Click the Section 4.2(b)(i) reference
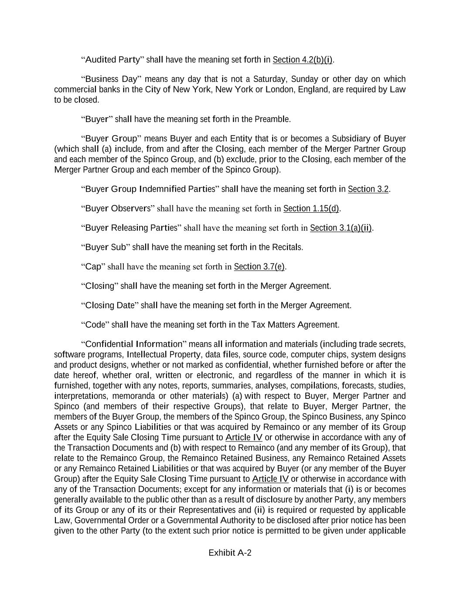pyautogui.click(x=302, y=60)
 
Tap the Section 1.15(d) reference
pyautogui.click(x=311, y=209)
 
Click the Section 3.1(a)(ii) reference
pyautogui.click(x=341, y=228)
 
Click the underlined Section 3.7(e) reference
pyautogui.click(x=259, y=267)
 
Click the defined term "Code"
pyautogui.click(x=95, y=325)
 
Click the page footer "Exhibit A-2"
pyautogui.click(x=230, y=553)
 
